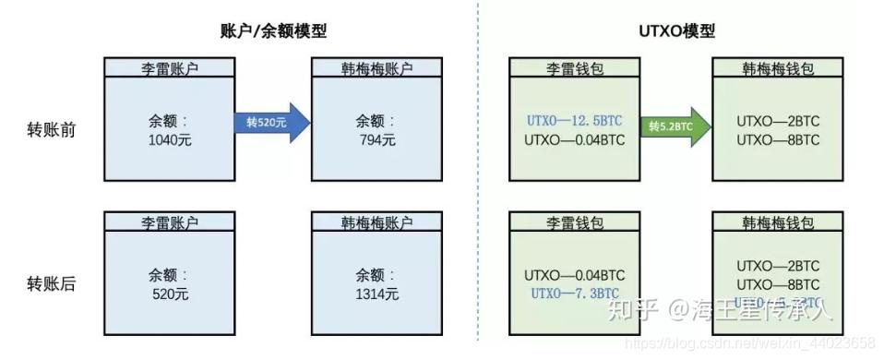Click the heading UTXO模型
(x=676, y=31)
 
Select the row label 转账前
(x=52, y=130)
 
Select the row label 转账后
(x=52, y=283)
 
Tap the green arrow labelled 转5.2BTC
(x=674, y=122)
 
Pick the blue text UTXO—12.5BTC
(x=575, y=121)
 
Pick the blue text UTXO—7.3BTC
(x=575, y=293)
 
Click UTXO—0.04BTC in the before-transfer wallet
(x=575, y=140)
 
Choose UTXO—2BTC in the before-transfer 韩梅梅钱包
(x=778, y=121)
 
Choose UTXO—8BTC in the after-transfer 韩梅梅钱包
(x=778, y=283)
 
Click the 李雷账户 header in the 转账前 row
(x=167, y=68)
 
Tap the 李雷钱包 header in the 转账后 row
(x=575, y=222)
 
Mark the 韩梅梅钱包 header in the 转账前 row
(x=778, y=68)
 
